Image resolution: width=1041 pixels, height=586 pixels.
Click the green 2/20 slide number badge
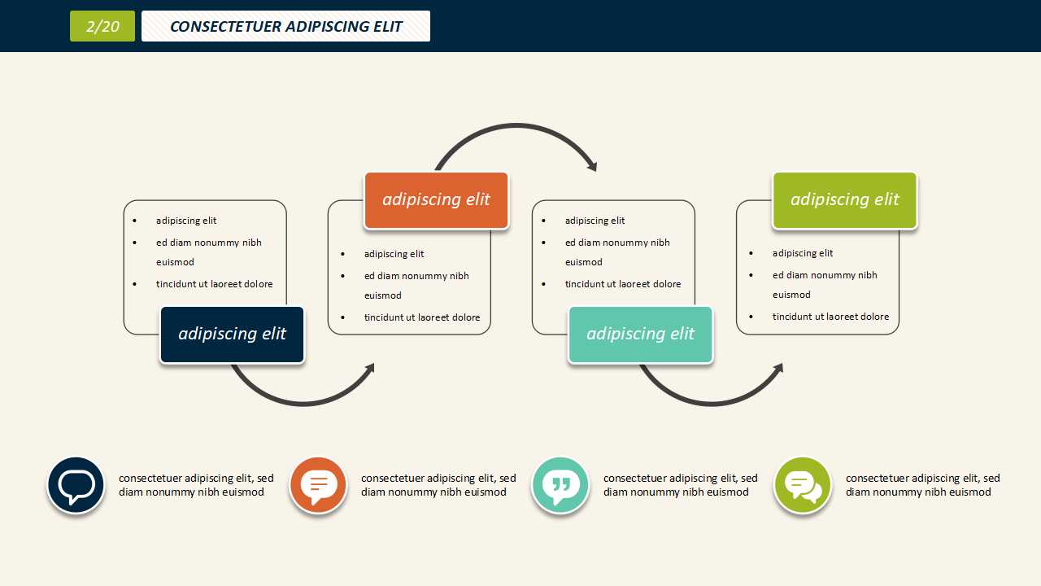[x=102, y=26]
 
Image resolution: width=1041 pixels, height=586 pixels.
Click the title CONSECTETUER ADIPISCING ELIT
[x=285, y=26]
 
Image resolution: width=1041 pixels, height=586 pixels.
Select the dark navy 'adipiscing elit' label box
[x=232, y=335]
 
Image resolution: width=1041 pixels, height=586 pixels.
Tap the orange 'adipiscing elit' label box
[x=436, y=200]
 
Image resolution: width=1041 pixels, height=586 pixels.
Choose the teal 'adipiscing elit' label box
[x=640, y=335]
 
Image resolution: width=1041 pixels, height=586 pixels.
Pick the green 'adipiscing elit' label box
[x=844, y=200]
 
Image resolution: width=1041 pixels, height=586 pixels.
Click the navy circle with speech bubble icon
[x=76, y=485]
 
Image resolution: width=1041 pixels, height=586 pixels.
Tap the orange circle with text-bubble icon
[x=319, y=485]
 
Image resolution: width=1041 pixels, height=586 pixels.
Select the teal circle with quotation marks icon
[x=560, y=485]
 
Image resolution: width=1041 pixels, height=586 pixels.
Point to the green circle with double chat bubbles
[x=803, y=485]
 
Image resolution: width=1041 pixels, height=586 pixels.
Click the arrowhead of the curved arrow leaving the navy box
[x=371, y=367]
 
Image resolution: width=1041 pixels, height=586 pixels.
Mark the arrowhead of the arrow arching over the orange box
[x=593, y=167]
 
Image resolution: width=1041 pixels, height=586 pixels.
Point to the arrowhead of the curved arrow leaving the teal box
[x=779, y=367]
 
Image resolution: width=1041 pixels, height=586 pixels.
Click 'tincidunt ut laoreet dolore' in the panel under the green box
[x=830, y=317]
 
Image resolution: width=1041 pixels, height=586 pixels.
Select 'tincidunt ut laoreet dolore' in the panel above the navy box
[x=215, y=284]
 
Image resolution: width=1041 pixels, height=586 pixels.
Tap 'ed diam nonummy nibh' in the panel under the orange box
[x=416, y=276]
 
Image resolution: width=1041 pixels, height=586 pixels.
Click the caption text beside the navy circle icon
[x=196, y=485]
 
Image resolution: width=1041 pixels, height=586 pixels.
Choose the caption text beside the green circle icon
[x=922, y=485]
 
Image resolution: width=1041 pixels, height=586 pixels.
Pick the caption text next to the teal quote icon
[x=680, y=485]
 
